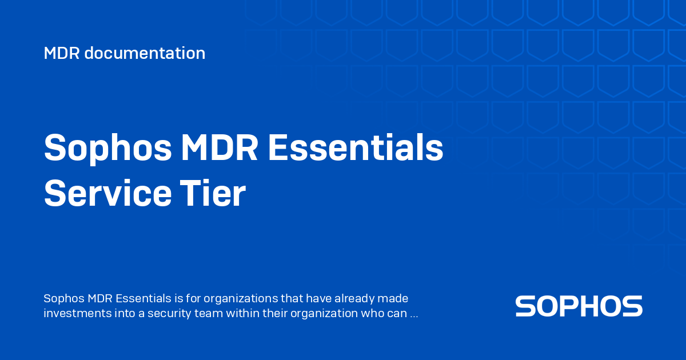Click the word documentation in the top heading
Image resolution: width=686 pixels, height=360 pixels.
(145, 53)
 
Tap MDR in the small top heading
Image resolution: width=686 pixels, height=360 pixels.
(62, 53)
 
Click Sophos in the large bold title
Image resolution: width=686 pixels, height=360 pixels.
(108, 149)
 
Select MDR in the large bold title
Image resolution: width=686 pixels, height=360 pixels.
(220, 147)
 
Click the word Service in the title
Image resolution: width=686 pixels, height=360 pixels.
(108, 194)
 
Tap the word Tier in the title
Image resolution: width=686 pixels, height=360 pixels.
(213, 193)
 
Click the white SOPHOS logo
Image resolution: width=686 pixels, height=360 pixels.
(579, 306)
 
